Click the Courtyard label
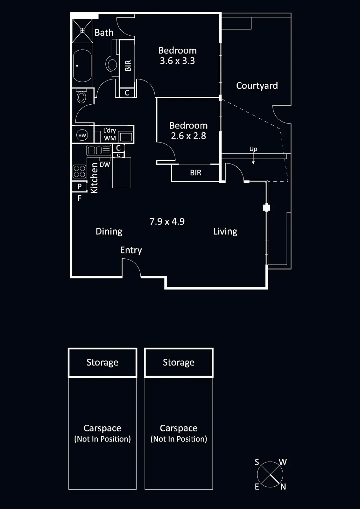tap(257, 86)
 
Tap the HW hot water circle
tap(82, 136)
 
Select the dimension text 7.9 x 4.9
tap(167, 221)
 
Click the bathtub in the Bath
tap(82, 66)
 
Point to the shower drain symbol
tap(82, 31)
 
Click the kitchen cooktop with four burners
tap(80, 171)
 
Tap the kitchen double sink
tap(99, 150)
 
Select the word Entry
tap(131, 250)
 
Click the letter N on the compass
tap(283, 487)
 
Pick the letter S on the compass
tap(257, 462)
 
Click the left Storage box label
tap(102, 362)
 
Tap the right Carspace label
tap(179, 429)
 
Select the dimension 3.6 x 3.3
tap(177, 61)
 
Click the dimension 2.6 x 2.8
tap(188, 136)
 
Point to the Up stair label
tap(253, 149)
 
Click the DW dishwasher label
tap(105, 165)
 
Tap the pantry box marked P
tap(80, 187)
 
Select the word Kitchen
tap(94, 178)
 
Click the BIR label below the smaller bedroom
tap(195, 173)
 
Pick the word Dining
tap(109, 231)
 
